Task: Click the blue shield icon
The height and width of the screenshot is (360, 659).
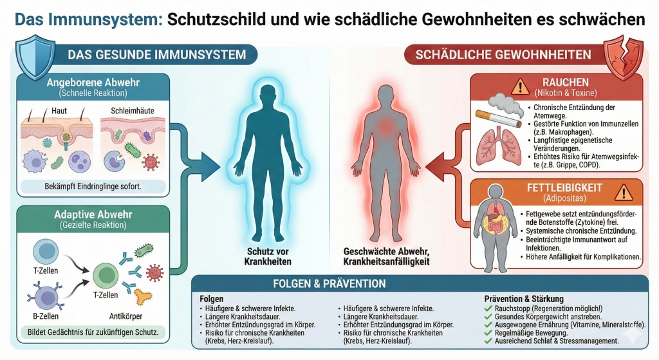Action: point(35,57)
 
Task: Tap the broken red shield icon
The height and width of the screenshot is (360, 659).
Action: point(623,57)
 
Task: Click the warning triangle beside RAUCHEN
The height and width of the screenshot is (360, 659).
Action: point(520,87)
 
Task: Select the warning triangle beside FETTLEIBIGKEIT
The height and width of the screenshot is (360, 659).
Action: point(623,192)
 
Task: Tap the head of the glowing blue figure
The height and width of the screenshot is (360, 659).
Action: point(268,95)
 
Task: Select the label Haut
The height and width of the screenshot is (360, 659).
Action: point(59,111)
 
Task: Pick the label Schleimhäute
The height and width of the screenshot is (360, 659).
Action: point(133,111)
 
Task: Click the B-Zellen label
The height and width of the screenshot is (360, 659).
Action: point(46,316)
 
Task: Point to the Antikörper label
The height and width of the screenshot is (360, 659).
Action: point(125,316)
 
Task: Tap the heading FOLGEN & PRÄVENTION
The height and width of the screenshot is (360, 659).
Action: point(329,283)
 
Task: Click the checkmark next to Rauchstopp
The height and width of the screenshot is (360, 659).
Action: point(488,308)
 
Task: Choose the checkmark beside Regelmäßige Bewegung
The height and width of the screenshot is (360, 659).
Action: point(488,333)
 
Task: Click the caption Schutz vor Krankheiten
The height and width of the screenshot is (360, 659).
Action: point(268,256)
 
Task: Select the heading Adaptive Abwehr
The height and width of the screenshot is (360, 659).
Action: point(93,214)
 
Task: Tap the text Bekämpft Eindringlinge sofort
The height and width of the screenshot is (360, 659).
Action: point(93,186)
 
